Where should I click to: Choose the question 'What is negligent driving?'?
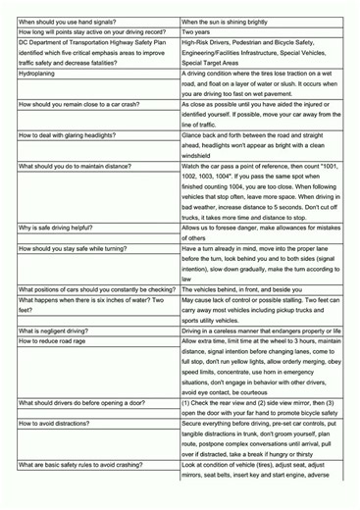point(58,331)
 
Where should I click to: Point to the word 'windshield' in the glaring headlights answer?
point(202,155)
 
